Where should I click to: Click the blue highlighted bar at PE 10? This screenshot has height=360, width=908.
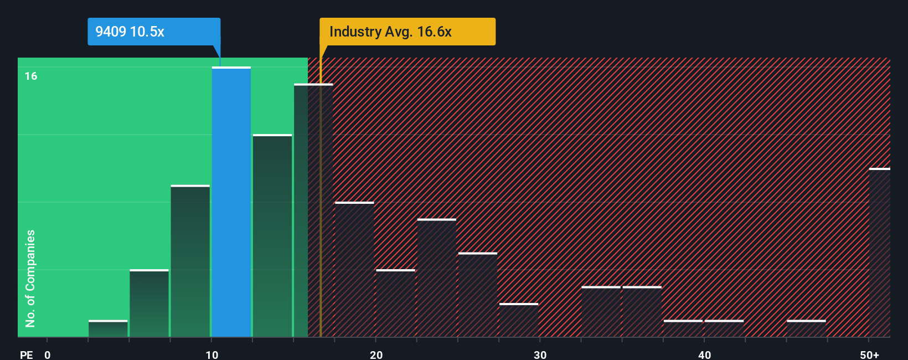coord(231,202)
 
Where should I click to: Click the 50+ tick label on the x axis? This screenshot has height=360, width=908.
coord(869,354)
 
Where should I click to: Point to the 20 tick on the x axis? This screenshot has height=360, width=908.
coord(376,354)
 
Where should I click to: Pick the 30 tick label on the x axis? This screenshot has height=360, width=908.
coord(540,354)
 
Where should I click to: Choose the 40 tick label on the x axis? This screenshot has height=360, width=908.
coord(704,354)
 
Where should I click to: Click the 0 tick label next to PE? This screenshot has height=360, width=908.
coord(48,354)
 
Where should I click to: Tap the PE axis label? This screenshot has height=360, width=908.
coord(26,354)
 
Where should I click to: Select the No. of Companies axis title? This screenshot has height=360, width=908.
coord(30,278)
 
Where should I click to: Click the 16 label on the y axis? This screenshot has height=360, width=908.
coord(31,76)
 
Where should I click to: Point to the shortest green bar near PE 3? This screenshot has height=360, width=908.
coord(108,328)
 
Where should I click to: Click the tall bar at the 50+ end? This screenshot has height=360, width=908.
coord(879,253)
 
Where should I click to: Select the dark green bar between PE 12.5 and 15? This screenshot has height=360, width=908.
coord(272,235)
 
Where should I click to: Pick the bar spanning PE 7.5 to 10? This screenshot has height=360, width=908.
coord(190,261)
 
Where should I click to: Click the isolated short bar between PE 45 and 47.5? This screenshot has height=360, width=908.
coord(806,328)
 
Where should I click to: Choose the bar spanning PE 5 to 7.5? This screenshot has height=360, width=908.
coord(149,303)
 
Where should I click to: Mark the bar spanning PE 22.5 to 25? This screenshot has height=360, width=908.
coord(437,278)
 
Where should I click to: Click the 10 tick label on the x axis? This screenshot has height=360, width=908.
coord(212,354)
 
